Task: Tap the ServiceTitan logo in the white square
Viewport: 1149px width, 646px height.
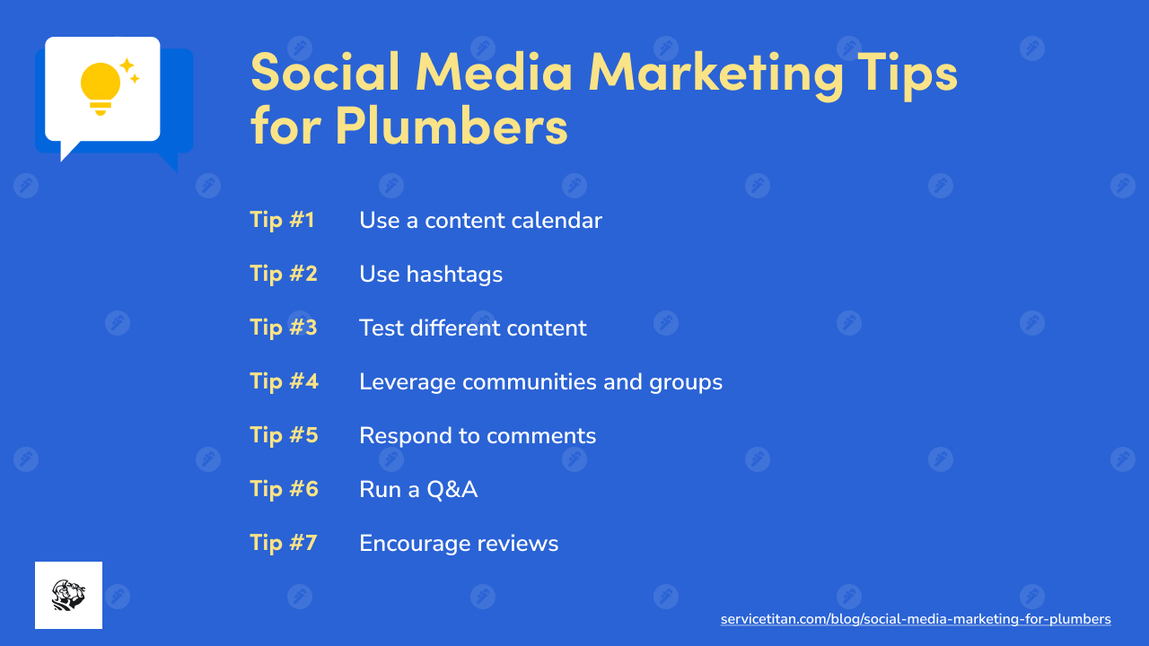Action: [x=68, y=595]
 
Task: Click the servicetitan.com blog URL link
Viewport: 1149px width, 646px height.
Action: [x=916, y=619]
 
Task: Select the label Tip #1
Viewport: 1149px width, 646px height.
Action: [x=282, y=220]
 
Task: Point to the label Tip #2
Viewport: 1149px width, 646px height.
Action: [x=284, y=274]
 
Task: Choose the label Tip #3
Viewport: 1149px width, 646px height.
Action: [x=284, y=327]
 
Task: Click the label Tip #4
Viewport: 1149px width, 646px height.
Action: [x=284, y=381]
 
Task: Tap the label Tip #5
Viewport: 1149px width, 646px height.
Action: [x=284, y=435]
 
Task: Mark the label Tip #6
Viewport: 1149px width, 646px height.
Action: [x=284, y=489]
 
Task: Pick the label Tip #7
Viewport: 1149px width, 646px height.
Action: [x=284, y=543]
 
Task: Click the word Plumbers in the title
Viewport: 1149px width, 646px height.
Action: [x=452, y=126]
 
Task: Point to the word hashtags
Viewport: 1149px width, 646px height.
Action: [x=454, y=275]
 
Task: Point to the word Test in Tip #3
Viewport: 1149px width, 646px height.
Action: [x=381, y=327]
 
